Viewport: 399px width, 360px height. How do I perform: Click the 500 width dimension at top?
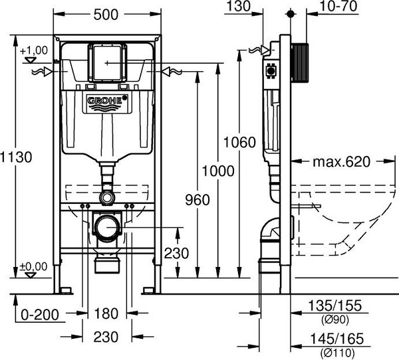pyautogui.click(x=107, y=14)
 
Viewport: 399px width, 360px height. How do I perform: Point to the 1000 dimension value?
pyautogui.click(x=218, y=171)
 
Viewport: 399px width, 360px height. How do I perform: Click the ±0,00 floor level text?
pyautogui.click(x=33, y=266)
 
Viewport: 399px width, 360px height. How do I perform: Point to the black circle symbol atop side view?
pyautogui.click(x=290, y=13)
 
